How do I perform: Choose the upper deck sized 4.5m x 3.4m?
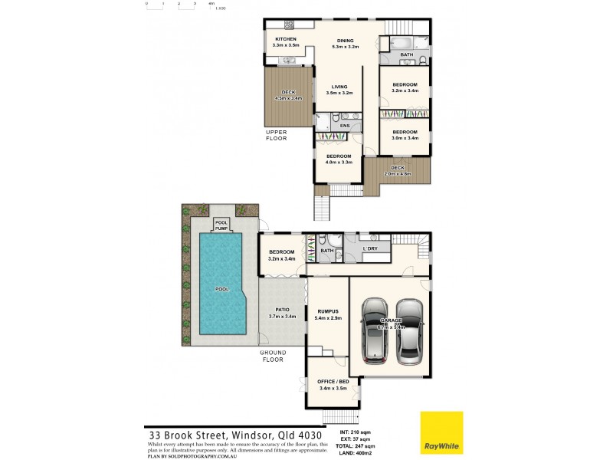coord(289,95)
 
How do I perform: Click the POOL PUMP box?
coord(221,224)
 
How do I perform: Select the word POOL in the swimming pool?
coord(221,290)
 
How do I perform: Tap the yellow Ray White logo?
coord(441,433)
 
